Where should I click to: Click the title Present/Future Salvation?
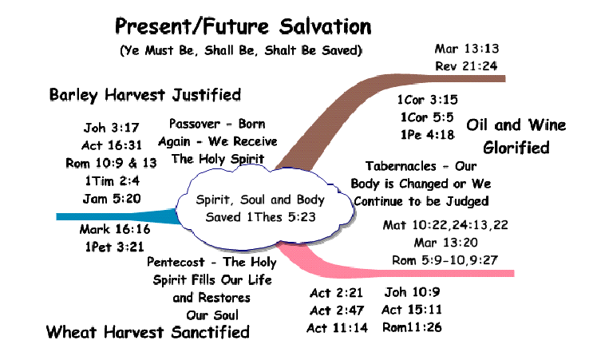(243, 26)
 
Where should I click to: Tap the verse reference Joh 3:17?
(111, 127)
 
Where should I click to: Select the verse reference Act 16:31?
(112, 145)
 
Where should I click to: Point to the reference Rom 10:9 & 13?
(111, 163)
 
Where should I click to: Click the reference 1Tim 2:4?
(112, 180)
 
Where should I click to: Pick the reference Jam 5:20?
(112, 199)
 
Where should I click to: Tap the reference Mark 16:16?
(115, 229)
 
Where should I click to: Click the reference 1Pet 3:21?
(115, 247)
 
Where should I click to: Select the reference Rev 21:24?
(466, 66)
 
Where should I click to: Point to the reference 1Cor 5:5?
(427, 117)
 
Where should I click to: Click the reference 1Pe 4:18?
(427, 134)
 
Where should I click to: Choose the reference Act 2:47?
(337, 310)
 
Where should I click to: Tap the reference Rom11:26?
(412, 326)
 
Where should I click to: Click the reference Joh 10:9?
(412, 292)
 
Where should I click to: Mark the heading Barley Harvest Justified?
(145, 94)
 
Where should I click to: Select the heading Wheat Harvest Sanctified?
(148, 332)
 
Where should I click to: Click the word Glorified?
(516, 148)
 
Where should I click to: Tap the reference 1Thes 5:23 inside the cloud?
(281, 217)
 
